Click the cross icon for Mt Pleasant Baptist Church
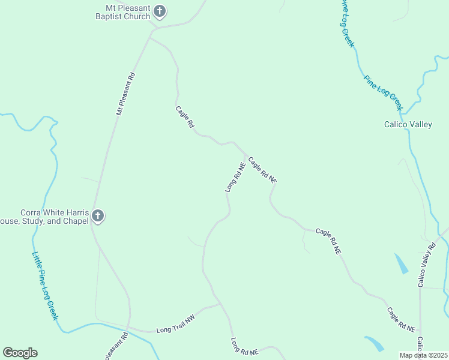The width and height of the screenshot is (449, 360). [x=160, y=11]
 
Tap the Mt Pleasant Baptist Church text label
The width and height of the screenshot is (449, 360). [x=122, y=12]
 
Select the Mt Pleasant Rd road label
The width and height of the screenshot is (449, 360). [x=126, y=94]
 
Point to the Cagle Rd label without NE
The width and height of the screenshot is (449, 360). [x=185, y=116]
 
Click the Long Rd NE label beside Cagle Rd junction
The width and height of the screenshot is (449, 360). [x=235, y=177]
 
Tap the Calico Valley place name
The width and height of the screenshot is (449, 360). [x=408, y=125]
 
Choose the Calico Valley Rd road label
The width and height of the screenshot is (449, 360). [x=427, y=263]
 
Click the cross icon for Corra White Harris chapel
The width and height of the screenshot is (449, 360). [x=98, y=217]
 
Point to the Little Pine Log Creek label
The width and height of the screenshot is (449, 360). [x=45, y=285]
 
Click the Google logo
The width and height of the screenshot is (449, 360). [x=20, y=353]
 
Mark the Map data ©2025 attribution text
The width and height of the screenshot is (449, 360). [x=424, y=355]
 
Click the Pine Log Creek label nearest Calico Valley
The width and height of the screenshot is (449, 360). [x=382, y=92]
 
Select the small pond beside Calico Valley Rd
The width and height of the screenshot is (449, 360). [x=401, y=263]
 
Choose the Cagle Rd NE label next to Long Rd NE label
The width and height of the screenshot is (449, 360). [x=262, y=170]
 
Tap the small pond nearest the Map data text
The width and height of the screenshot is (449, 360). [x=375, y=343]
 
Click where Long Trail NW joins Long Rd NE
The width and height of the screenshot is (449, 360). [x=221, y=304]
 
